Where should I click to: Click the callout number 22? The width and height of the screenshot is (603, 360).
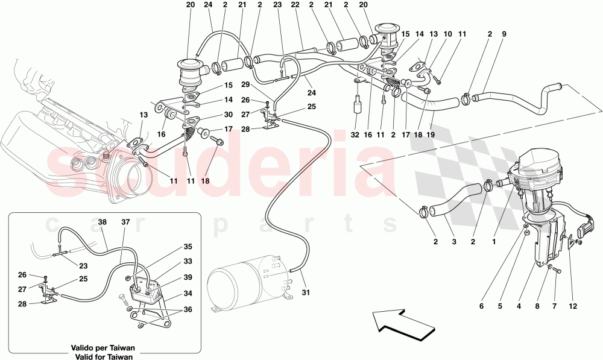295,4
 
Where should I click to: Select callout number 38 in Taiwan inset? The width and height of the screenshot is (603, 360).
103,222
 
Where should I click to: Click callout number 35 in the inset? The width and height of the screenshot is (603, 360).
188,247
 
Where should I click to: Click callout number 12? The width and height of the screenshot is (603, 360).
572,306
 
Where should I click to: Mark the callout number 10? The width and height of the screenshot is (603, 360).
447,34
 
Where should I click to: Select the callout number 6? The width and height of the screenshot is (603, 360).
481,306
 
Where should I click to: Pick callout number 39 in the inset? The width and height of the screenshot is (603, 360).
188,277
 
